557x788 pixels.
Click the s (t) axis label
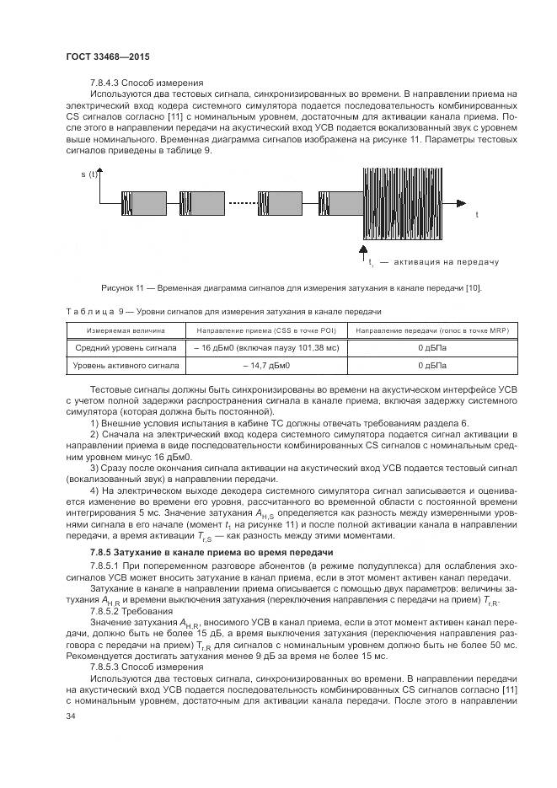(89, 174)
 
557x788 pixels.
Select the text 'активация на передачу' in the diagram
(446, 262)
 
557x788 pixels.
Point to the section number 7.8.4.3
(109, 83)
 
